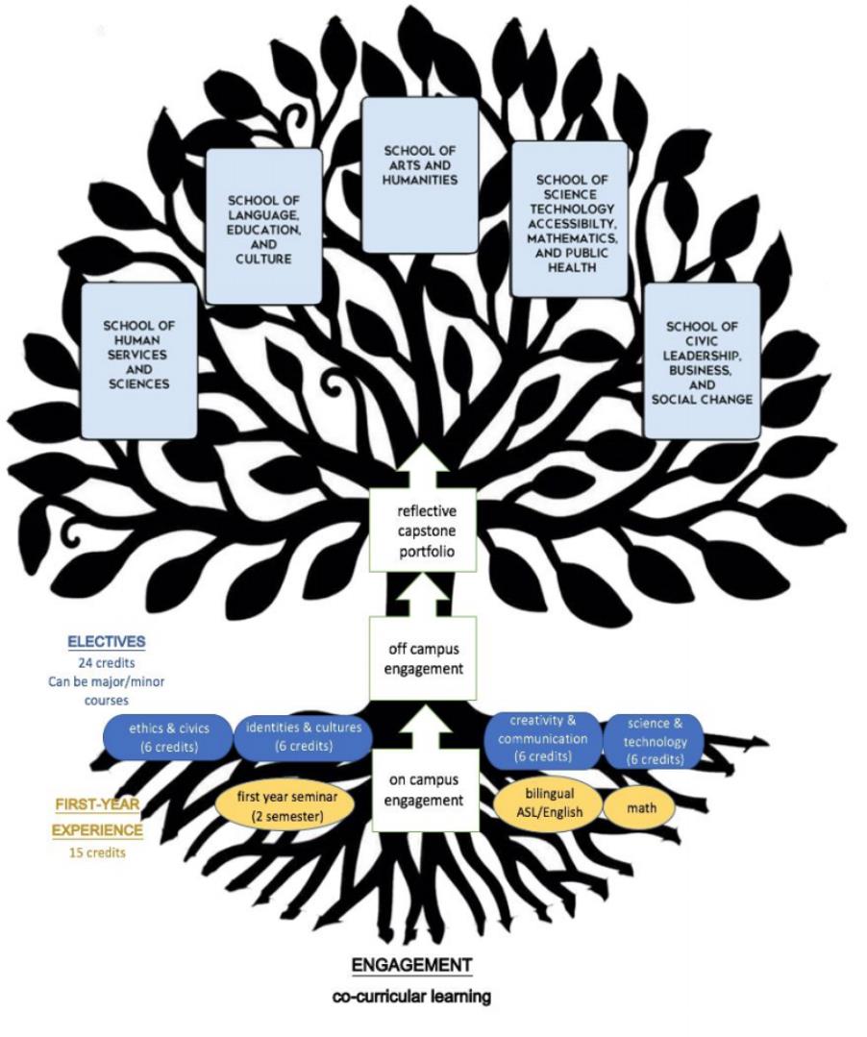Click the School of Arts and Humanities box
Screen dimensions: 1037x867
click(x=419, y=174)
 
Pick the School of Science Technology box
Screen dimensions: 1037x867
click(x=568, y=220)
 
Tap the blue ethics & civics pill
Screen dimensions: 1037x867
click(x=169, y=736)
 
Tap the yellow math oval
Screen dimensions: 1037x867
click(x=641, y=807)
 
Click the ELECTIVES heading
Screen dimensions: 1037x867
click(x=106, y=641)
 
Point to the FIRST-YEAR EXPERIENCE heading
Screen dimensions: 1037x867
click(x=97, y=816)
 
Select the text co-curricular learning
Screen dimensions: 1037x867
click(x=410, y=997)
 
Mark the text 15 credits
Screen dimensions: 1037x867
click(x=97, y=852)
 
